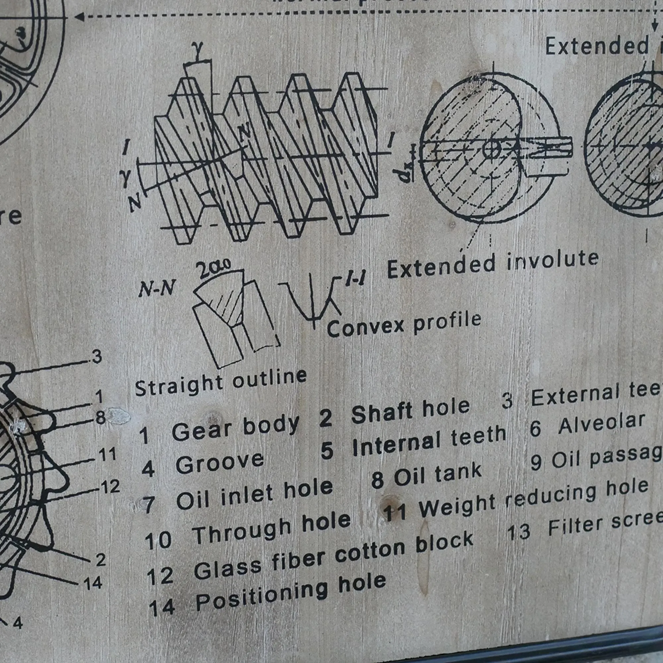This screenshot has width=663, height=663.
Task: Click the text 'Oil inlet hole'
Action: (254, 494)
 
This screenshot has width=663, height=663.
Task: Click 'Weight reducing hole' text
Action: (534, 498)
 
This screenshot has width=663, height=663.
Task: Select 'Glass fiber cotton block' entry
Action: (333, 558)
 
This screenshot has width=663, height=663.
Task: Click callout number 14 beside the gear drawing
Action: (93, 583)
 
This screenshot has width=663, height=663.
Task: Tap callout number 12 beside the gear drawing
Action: (110, 487)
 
